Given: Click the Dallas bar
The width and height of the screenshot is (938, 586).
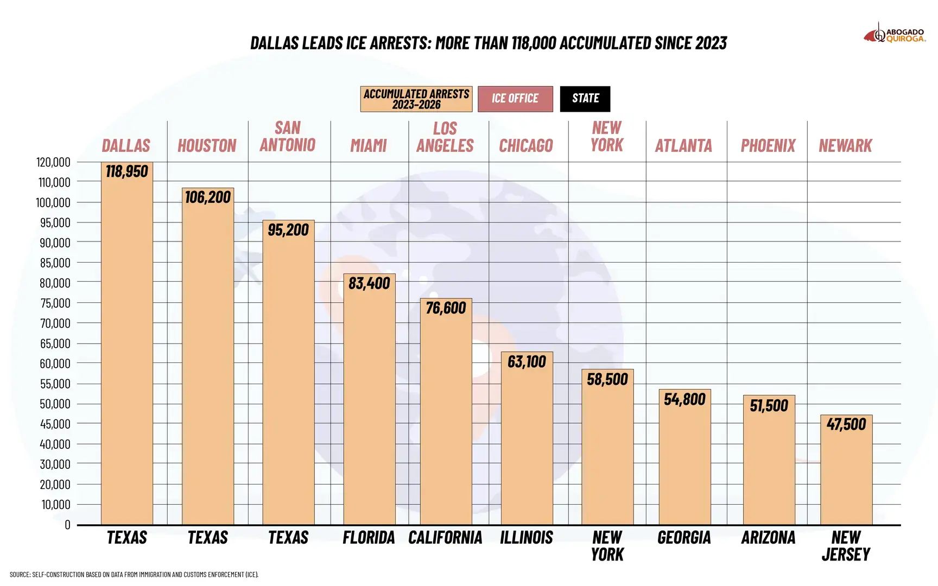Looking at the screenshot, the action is coord(126,343).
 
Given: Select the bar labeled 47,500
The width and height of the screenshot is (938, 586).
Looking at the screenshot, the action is coord(846,470).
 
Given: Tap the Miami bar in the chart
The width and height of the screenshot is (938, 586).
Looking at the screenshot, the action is coord(369,399).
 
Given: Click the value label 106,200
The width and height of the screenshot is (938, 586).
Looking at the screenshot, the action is coord(208,197).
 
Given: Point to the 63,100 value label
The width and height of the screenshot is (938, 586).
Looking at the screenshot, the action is coord(527,361).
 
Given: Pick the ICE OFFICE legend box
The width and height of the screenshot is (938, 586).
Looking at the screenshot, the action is coord(515,99).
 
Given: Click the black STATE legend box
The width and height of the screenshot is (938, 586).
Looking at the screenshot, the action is coord(585,99).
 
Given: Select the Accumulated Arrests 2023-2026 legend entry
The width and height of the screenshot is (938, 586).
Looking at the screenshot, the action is coord(416,99).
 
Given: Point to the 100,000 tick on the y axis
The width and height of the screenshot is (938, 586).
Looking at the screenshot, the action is coord(53,202).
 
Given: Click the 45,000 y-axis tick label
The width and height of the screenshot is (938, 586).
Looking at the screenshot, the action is coord(55,424).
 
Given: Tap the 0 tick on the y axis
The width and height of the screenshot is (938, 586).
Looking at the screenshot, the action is coord(67,525).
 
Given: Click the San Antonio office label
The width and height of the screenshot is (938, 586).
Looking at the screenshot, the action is coord(288,136).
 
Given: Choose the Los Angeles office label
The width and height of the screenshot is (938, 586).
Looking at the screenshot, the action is coord(445,137).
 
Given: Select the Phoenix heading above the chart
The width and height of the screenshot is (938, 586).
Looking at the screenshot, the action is coord(768,145).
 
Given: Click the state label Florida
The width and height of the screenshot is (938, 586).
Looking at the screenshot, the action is coord(369,538).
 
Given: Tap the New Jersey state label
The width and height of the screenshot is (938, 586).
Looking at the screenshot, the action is coord(846,546).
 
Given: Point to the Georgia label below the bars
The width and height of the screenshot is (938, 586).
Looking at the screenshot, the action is coord(684,538).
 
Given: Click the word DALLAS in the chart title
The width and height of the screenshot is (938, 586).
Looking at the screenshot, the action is coord(274,43).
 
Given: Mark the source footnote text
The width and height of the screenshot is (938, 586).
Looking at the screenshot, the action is coord(134,574).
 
